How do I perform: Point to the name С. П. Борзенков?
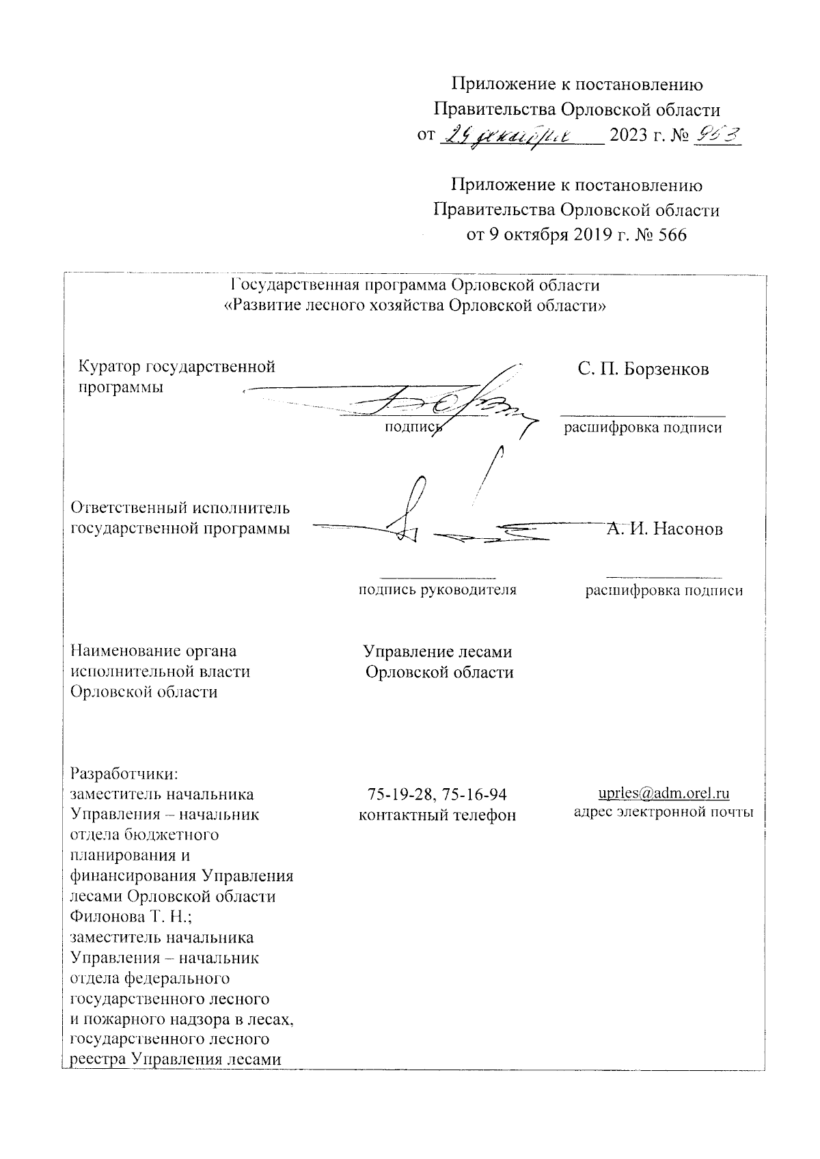[643, 369]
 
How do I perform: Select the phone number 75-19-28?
[398, 794]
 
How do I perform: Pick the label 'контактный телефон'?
[437, 815]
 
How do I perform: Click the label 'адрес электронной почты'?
[664, 813]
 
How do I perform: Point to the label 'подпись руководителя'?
[437, 590]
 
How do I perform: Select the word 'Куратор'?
[109, 367]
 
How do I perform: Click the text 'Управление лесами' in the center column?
[437, 652]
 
